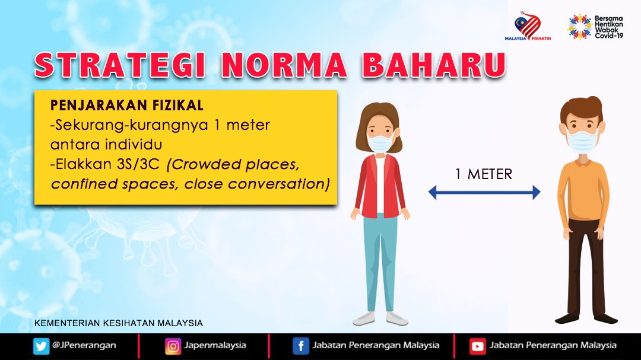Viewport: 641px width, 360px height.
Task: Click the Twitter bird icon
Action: click(x=41, y=346)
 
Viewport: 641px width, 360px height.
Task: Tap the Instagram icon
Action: click(x=173, y=346)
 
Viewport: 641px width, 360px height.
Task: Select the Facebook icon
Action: click(x=301, y=346)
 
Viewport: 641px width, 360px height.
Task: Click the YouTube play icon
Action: click(x=477, y=346)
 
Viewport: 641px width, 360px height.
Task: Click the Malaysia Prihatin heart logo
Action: click(x=528, y=26)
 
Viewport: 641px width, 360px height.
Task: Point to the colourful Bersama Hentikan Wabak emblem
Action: click(x=580, y=27)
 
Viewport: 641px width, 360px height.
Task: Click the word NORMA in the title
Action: click(x=284, y=65)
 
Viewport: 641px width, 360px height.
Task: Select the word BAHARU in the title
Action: click(x=434, y=65)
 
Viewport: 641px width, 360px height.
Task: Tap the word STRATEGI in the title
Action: click(x=120, y=65)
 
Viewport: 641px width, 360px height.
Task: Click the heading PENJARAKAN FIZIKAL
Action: click(x=127, y=106)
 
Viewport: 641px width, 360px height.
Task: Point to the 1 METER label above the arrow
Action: click(x=484, y=174)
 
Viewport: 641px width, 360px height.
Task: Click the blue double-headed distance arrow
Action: click(x=484, y=192)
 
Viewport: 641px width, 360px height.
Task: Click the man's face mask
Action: click(x=582, y=141)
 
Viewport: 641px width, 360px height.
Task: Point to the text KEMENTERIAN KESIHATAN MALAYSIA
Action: click(x=119, y=323)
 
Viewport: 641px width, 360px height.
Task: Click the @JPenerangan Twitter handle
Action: click(x=84, y=345)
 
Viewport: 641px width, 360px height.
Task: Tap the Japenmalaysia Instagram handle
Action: click(x=215, y=345)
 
